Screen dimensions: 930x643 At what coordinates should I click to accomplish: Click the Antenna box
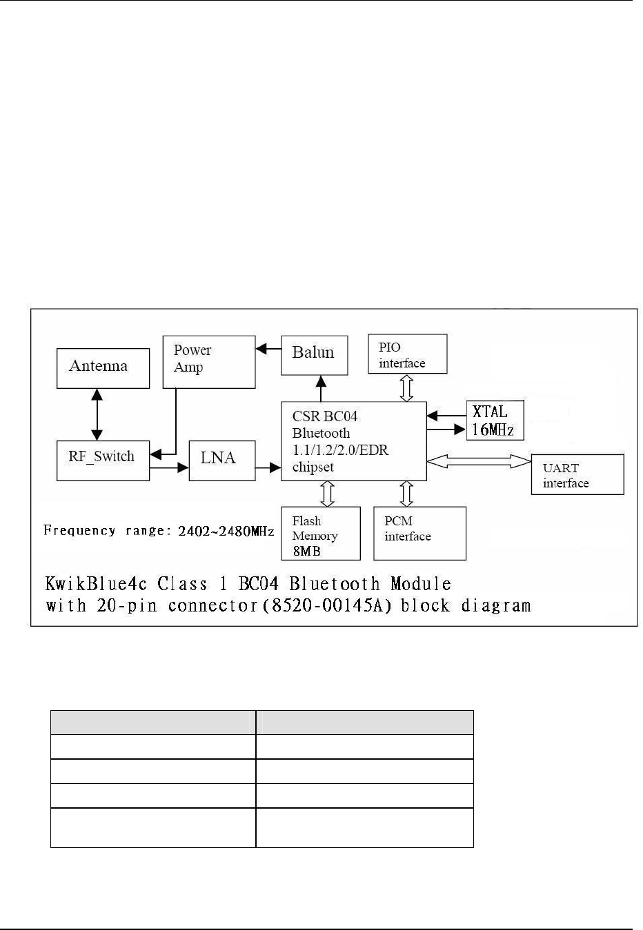tap(103, 367)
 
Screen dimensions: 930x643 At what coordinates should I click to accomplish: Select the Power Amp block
tap(208, 361)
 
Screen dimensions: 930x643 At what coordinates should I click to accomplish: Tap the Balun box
tap(314, 354)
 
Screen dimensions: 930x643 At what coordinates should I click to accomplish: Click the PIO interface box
tap(407, 354)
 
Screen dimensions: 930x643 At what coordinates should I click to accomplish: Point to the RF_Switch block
tap(103, 460)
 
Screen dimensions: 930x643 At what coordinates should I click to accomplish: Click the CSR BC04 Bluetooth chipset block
tap(353, 441)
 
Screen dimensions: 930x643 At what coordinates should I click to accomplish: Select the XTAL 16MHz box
tap(495, 421)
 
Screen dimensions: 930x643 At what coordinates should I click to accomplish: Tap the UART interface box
tap(577, 474)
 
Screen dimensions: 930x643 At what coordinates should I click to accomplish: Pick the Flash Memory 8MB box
tap(321, 534)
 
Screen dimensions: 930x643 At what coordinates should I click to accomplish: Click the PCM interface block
tap(419, 534)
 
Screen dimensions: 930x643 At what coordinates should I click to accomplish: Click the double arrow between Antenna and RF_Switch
tap(97, 414)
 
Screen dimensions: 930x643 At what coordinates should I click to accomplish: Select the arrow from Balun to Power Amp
tap(268, 350)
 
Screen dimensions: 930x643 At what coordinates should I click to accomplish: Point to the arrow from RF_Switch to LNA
tap(169, 468)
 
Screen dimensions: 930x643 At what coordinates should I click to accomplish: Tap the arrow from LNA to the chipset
tap(268, 468)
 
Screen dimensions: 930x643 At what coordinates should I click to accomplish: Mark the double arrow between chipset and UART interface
tap(479, 462)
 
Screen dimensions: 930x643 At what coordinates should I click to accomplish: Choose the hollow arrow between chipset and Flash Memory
tap(328, 494)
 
